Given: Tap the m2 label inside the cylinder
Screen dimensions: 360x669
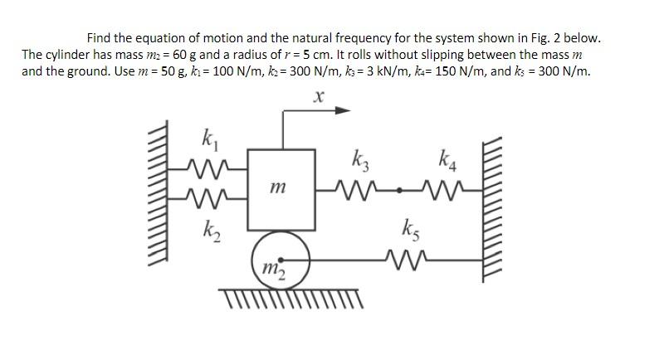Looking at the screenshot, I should [271, 267].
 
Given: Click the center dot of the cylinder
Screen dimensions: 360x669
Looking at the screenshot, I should [281, 257].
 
